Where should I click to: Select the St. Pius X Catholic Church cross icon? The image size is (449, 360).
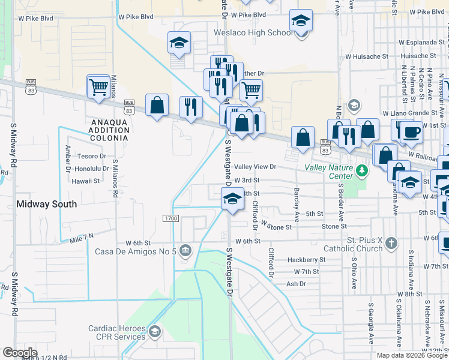(391, 243)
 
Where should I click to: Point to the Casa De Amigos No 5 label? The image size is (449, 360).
(135, 251)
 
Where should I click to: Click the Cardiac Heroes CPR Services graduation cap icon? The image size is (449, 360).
(155, 332)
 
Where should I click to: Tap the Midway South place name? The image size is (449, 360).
(46, 204)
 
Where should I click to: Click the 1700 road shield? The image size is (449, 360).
(170, 218)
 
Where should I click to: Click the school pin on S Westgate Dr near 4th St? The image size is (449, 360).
(232, 199)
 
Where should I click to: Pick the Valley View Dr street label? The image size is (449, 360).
(255, 167)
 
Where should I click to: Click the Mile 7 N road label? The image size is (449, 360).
(82, 238)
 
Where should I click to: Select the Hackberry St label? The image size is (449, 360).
(306, 260)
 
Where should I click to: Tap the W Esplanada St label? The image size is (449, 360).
(420, 43)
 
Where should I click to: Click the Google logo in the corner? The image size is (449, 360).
(20, 352)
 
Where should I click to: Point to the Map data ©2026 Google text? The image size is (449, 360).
(411, 355)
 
